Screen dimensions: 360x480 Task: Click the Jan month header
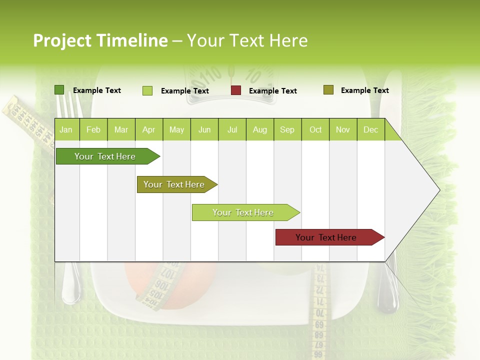[66, 129]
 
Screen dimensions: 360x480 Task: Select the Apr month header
[148, 129]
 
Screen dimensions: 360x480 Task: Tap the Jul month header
[232, 129]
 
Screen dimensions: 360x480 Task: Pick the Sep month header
[287, 129]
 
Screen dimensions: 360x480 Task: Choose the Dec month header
[370, 129]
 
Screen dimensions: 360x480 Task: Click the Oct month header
[315, 129]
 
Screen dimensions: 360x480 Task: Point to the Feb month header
[93, 129]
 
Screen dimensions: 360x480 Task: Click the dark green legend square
[59, 90]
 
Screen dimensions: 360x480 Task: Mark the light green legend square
[147, 90]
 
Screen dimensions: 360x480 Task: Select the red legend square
[236, 90]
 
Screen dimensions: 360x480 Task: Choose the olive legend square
[328, 90]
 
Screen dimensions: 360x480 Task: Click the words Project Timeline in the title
[100, 40]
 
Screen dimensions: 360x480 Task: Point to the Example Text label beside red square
[273, 91]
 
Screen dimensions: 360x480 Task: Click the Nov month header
[343, 129]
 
